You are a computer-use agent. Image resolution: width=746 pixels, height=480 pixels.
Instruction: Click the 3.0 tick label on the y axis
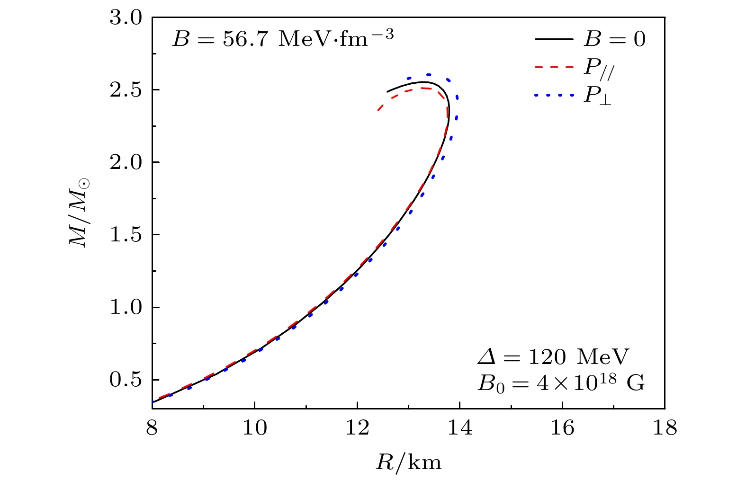(x=126, y=18)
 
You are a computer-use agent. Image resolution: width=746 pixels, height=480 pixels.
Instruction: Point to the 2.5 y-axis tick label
(x=126, y=90)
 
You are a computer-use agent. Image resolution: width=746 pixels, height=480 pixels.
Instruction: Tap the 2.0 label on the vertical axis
(x=126, y=162)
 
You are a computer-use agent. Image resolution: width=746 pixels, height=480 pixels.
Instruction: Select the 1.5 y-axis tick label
(x=126, y=235)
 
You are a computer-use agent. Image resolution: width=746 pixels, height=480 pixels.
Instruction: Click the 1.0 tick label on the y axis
(x=126, y=308)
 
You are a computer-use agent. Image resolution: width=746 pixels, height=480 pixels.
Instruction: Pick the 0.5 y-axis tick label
(x=126, y=380)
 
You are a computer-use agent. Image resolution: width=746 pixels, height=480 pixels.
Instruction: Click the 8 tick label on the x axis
(x=152, y=428)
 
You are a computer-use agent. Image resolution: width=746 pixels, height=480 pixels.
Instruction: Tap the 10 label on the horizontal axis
(x=254, y=428)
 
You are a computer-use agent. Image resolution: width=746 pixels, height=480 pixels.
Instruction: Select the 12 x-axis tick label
(x=357, y=428)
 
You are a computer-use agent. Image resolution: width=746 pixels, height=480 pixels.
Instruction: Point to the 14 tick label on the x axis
(x=459, y=428)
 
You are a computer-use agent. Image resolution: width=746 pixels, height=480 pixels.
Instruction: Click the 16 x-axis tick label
(x=562, y=428)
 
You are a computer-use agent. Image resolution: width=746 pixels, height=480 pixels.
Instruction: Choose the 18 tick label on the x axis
(x=665, y=428)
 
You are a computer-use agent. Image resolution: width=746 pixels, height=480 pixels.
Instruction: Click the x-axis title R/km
(x=408, y=462)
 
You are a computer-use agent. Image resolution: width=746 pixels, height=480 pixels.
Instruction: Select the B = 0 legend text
(x=614, y=39)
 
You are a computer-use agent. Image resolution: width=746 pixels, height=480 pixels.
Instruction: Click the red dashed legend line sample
(x=554, y=67)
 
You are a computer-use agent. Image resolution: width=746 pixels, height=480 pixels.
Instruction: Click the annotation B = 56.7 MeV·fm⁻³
(x=282, y=38)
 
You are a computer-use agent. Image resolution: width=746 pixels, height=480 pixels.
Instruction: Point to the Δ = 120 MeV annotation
(x=553, y=357)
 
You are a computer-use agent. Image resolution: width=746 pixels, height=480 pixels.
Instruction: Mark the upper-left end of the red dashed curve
(x=378, y=110)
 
